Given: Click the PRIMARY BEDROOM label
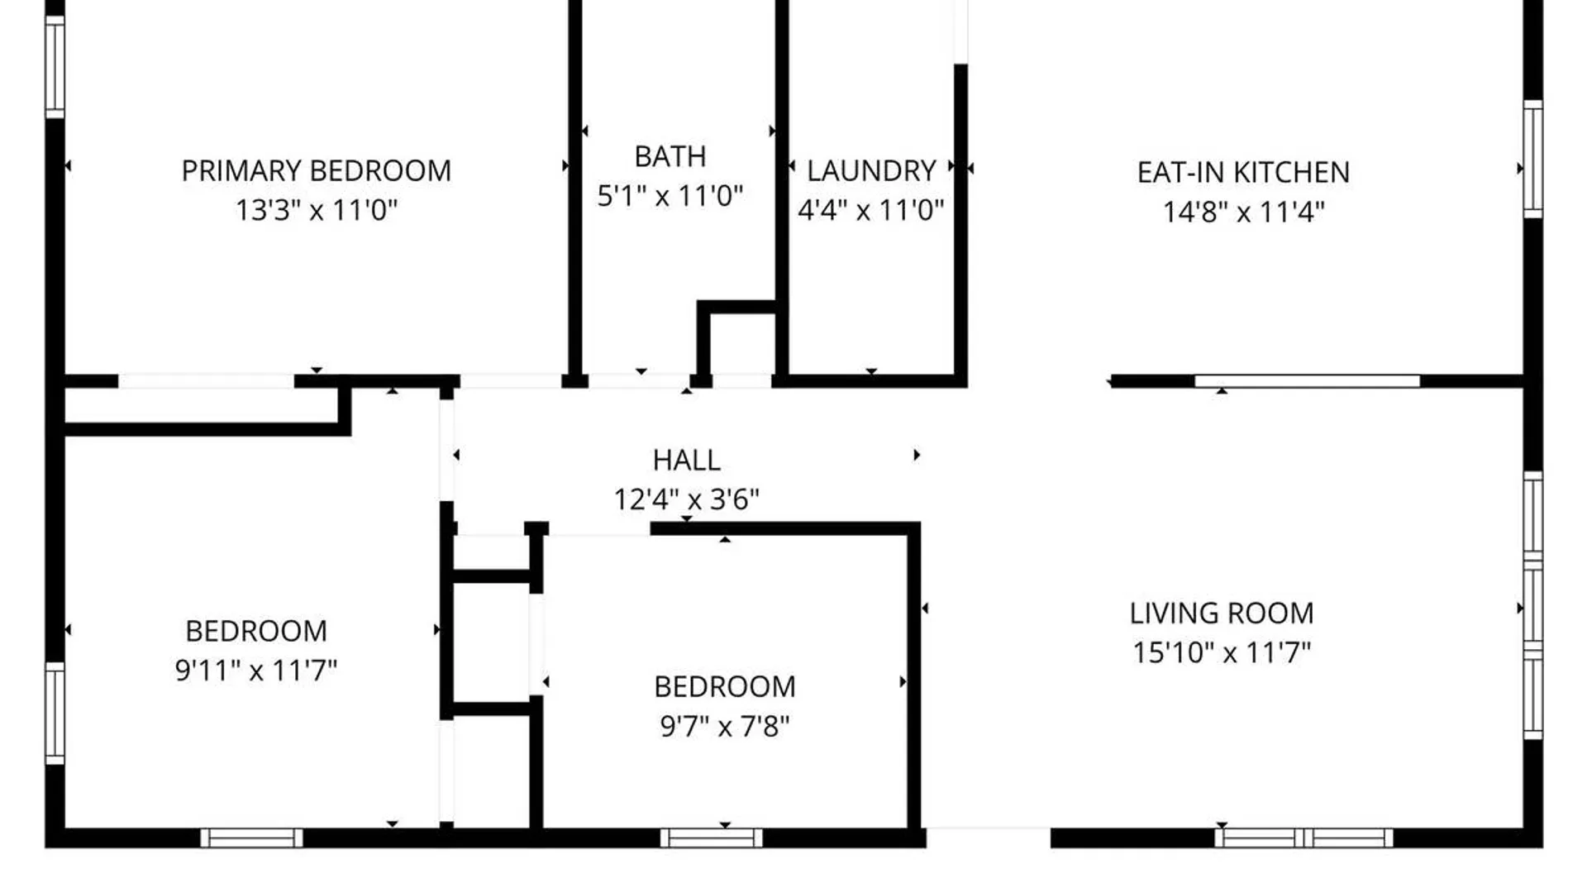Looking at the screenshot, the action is click(x=317, y=171).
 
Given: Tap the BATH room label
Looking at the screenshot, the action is click(x=670, y=156).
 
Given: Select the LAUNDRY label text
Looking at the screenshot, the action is click(x=871, y=171).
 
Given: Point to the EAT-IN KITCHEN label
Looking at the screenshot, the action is click(x=1243, y=173).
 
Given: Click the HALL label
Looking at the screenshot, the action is click(x=687, y=460).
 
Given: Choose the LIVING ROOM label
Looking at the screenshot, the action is click(x=1222, y=614).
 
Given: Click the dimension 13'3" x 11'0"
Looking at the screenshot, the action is click(x=317, y=210).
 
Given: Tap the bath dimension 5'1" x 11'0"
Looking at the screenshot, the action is click(x=670, y=196).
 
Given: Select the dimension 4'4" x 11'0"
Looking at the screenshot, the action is click(x=870, y=210).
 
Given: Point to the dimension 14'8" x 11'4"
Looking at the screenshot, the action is click(x=1243, y=213).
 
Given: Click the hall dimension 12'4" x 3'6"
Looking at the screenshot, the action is click(x=687, y=499).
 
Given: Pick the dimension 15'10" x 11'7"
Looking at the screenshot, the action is click(x=1222, y=652).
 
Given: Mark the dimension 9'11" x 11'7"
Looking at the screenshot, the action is click(x=256, y=670).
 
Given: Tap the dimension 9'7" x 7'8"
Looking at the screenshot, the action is click(x=725, y=726).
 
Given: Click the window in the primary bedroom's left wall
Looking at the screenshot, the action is click(x=55, y=67).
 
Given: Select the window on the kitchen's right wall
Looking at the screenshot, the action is click(x=1533, y=159).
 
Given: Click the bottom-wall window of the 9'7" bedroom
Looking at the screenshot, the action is click(x=712, y=838).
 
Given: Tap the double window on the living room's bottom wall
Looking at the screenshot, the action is click(x=1303, y=838).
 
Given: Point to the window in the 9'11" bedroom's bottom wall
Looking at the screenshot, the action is click(x=251, y=838).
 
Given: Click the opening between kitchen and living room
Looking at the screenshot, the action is click(x=1039, y=381).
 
